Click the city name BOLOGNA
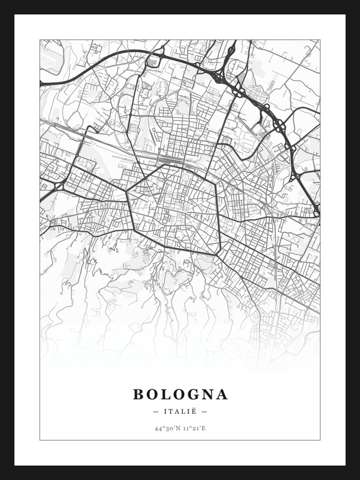pos(180,394)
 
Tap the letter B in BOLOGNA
pos(139,394)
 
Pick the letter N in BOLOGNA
pos(207,394)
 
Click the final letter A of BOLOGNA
pos(222,394)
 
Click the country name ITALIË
pos(180,411)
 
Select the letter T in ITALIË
pos(172,411)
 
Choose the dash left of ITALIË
pos(156,411)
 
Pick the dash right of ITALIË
pos(204,411)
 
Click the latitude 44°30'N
pos(166,428)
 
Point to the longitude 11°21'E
pos(194,428)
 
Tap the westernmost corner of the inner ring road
pos(127,191)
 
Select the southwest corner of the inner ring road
pos(135,229)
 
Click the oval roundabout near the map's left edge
pos(58,186)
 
